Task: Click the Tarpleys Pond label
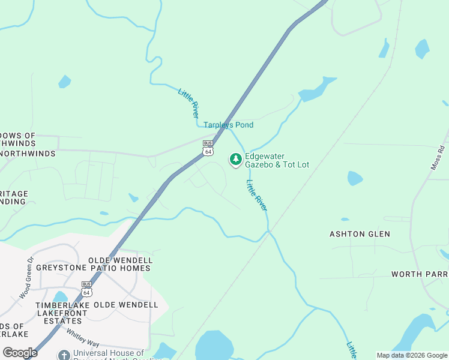coord(228,125)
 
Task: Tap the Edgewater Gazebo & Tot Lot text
coord(277,160)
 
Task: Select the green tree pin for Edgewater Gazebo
coord(236,159)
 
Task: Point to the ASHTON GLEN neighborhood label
coord(360,234)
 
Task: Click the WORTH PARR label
coord(420,274)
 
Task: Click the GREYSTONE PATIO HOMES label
coord(93,268)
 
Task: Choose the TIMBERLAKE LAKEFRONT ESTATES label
coord(63,309)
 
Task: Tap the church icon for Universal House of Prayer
coord(64,355)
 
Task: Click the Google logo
coord(20,353)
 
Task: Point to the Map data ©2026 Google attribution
coord(412,355)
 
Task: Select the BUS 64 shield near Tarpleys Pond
coord(208,148)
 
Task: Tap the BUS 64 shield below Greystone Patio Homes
coord(87,289)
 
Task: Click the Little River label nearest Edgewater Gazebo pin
coord(256,194)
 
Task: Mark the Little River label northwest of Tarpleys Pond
coord(188,102)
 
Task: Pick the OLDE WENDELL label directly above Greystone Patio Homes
coord(120,260)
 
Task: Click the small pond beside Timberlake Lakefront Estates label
coord(60,296)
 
